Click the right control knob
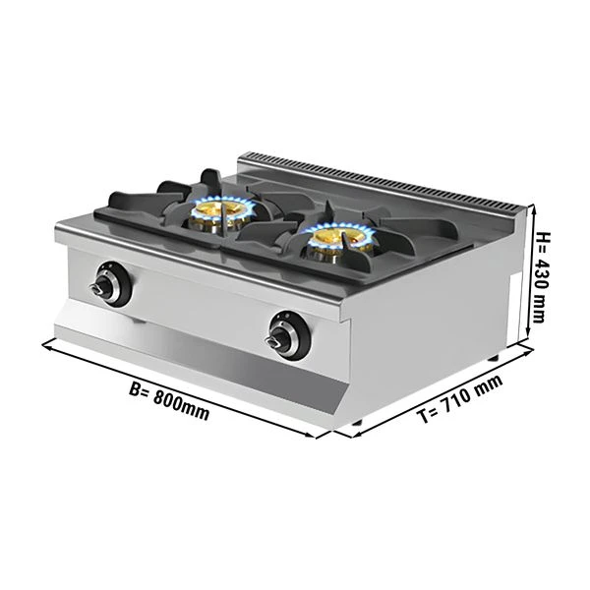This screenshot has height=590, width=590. (289, 335)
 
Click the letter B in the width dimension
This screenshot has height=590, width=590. (135, 389)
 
